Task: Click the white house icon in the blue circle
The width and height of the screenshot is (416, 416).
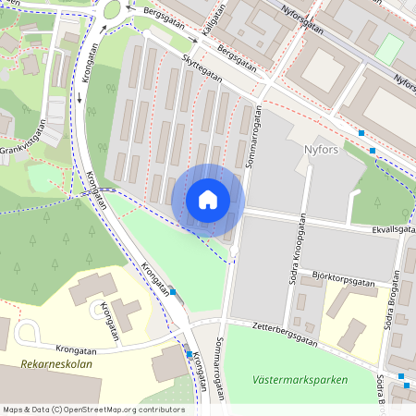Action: point(208,199)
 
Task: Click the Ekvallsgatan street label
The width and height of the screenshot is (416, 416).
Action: point(388,230)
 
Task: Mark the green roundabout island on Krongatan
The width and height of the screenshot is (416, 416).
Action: point(113,10)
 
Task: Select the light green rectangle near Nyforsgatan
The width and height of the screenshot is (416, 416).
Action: point(389,49)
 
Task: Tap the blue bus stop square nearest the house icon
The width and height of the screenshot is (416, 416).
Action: point(173,292)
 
